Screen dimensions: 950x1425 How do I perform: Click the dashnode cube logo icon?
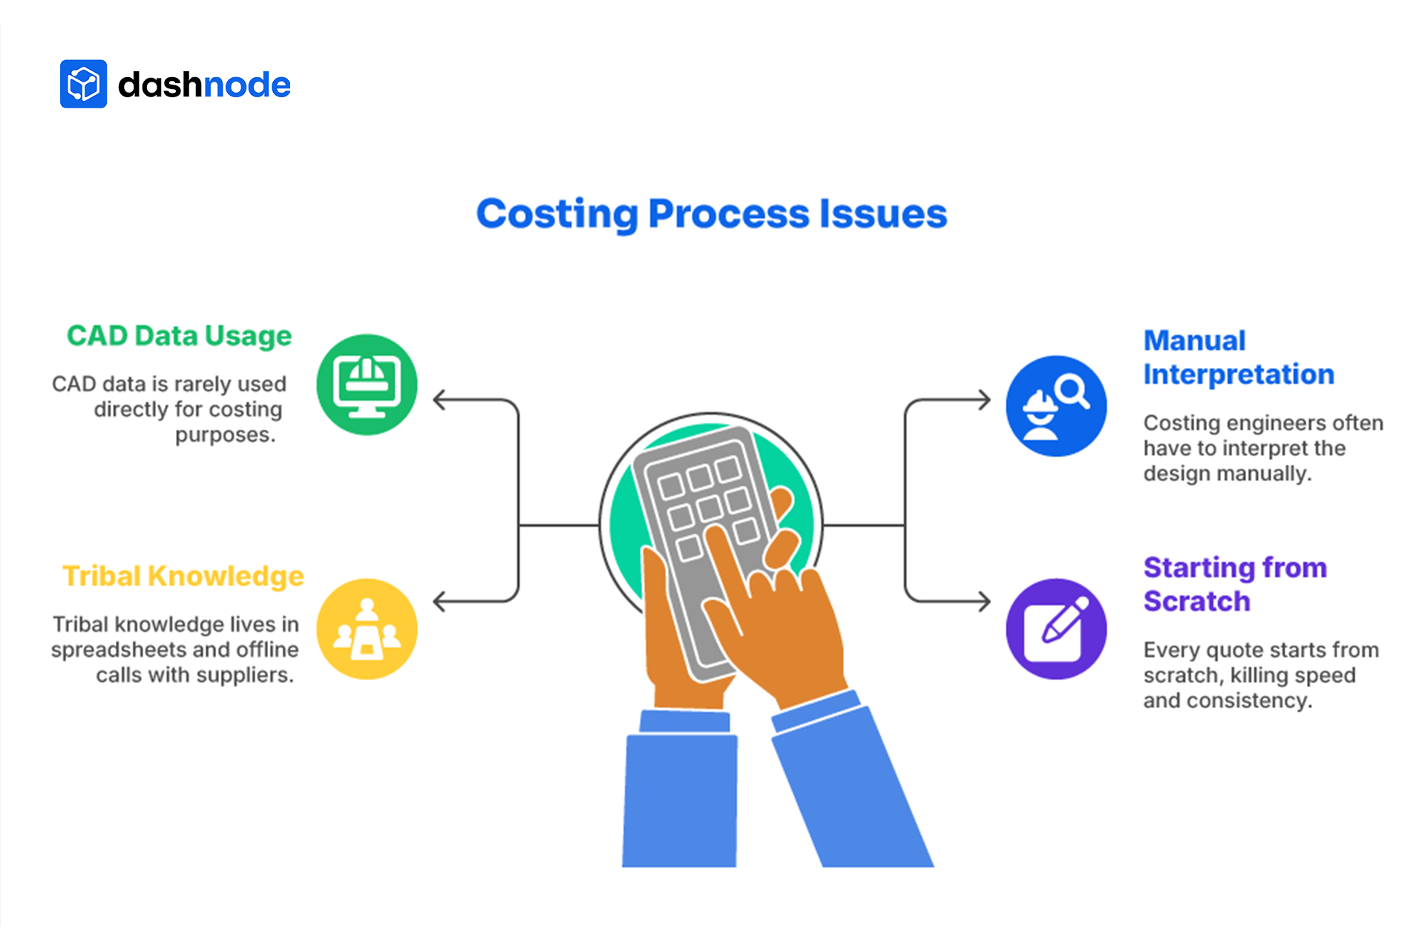[83, 84]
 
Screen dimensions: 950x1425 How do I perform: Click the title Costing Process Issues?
[711, 214]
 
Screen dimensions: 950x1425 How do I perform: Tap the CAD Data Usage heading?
[179, 335]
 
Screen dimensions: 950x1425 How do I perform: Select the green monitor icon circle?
[367, 384]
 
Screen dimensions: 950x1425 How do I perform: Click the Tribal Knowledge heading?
[183, 576]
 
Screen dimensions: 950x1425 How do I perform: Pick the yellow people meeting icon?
[367, 629]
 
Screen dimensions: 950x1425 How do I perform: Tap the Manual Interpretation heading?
[1238, 357]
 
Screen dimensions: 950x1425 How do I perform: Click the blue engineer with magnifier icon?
[1055, 406]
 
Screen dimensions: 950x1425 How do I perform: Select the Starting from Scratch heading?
[1234, 584]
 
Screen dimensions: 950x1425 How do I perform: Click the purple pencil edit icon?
[1055, 629]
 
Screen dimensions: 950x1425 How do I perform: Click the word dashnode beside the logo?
[204, 85]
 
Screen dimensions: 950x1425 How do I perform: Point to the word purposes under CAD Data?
[225, 435]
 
